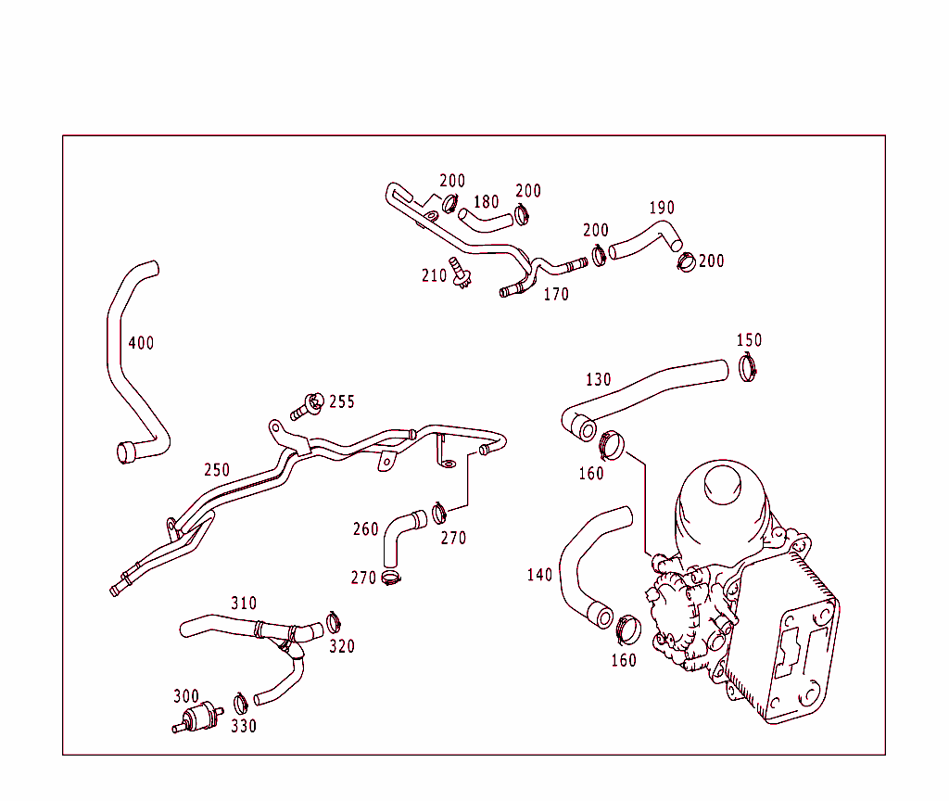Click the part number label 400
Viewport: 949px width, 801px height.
point(141,343)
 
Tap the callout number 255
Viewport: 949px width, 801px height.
point(341,402)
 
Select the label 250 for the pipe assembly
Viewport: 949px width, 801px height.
point(217,470)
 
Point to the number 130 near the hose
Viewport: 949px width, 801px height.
point(599,380)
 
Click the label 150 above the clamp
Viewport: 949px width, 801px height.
point(749,340)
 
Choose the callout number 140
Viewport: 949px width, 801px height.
point(539,575)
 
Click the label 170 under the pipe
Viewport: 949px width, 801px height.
point(556,295)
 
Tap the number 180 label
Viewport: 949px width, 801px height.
point(486,202)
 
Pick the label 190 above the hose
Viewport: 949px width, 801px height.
point(662,208)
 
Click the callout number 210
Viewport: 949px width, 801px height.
point(434,275)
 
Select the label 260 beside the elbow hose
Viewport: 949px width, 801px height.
point(365,529)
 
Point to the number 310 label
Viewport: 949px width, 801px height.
point(244,604)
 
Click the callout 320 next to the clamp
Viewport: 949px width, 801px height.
point(342,646)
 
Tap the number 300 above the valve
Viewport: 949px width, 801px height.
point(186,696)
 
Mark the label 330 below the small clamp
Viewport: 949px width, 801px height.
point(244,727)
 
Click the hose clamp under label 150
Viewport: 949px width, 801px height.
point(750,368)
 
